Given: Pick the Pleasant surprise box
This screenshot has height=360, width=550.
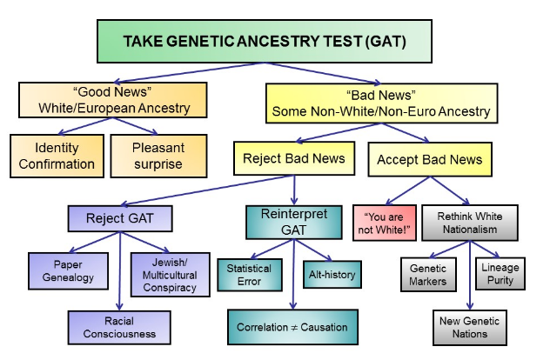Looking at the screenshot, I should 159,156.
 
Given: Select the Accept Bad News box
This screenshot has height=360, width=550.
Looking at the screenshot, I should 429,160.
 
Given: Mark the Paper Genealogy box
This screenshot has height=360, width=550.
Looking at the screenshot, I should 66,272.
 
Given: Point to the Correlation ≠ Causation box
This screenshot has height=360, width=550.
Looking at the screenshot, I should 292,327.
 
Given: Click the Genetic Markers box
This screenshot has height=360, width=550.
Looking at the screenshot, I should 428,276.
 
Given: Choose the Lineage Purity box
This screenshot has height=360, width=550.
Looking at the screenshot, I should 500,276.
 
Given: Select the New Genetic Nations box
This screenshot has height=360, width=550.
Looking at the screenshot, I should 471,327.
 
